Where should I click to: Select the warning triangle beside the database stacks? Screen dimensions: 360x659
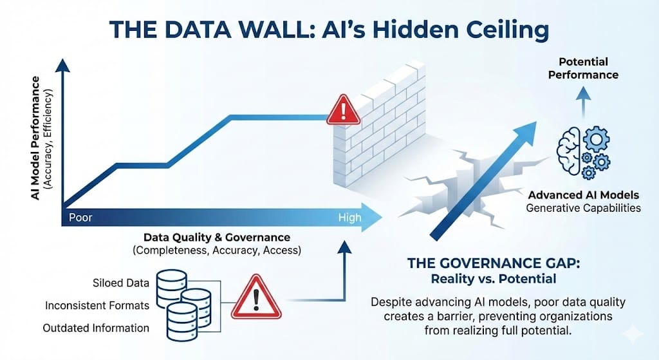257,298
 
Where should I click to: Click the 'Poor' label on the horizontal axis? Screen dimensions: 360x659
80,218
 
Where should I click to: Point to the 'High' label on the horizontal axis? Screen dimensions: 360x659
350,218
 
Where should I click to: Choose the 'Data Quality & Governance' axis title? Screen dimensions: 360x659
217,237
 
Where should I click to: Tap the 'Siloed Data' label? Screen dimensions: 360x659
122,283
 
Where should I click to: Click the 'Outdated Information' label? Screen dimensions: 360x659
96,328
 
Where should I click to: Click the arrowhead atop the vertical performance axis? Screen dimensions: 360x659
62,65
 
